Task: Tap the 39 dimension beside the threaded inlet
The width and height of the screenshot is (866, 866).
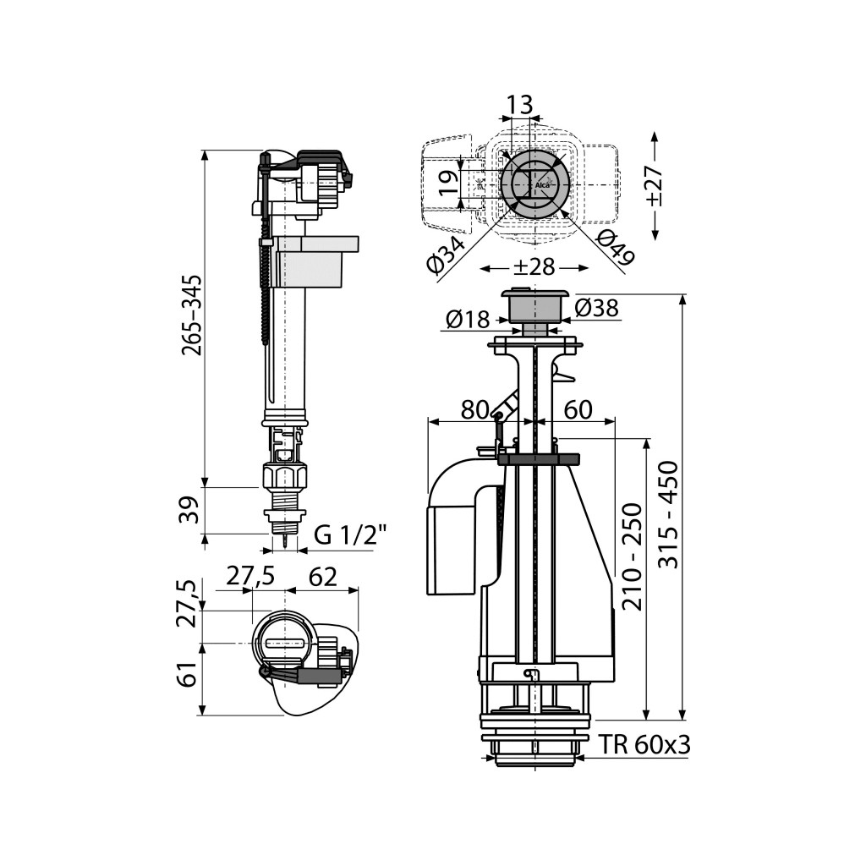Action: pyautogui.click(x=189, y=510)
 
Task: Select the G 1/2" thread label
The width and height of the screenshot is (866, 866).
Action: pyautogui.click(x=350, y=535)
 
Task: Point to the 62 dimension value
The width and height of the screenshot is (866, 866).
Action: pyautogui.click(x=322, y=577)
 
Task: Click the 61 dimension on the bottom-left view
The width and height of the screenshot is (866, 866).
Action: pyautogui.click(x=189, y=674)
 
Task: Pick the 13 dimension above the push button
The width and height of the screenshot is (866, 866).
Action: pyautogui.click(x=519, y=104)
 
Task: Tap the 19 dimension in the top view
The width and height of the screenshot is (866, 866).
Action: pyautogui.click(x=450, y=183)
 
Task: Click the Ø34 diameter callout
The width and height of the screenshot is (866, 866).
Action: pyautogui.click(x=446, y=254)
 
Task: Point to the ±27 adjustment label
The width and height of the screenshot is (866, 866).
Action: pyautogui.click(x=655, y=185)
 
